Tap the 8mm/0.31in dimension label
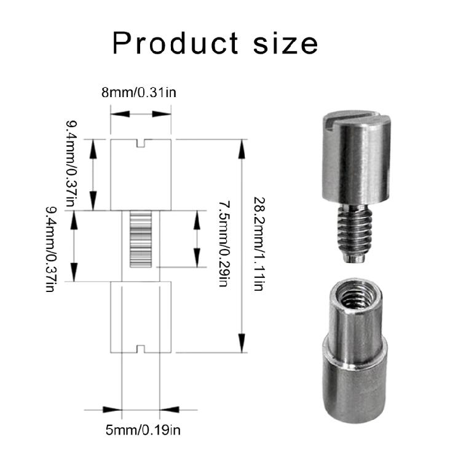(x=141, y=92)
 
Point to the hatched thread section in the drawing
(x=141, y=240)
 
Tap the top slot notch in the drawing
(x=141, y=143)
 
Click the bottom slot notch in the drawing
(x=141, y=349)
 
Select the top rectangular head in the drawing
(x=141, y=175)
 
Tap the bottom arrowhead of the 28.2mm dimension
(x=242, y=344)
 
